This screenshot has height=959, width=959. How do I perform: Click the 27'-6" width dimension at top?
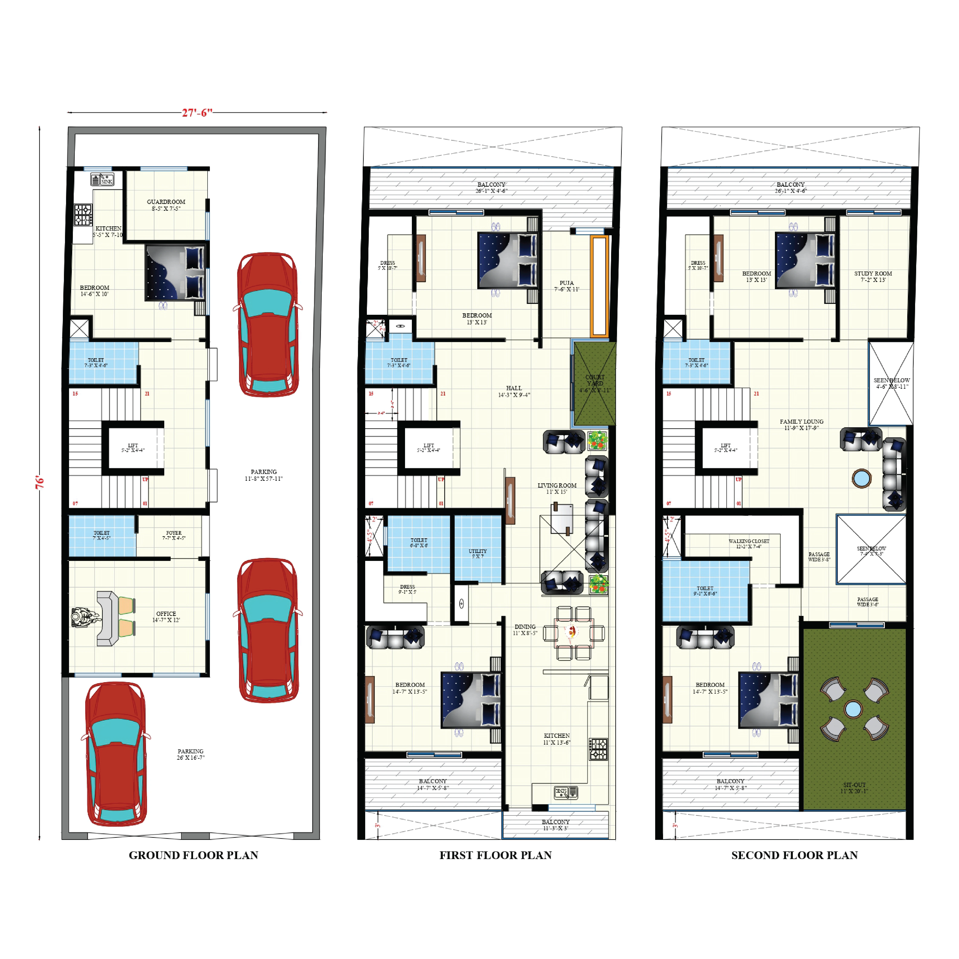pos(197,113)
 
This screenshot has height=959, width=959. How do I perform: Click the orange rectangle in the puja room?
pos(599,286)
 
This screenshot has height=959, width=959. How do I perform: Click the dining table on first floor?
pos(573,633)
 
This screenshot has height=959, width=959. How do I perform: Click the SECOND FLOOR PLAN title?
pos(794,855)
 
